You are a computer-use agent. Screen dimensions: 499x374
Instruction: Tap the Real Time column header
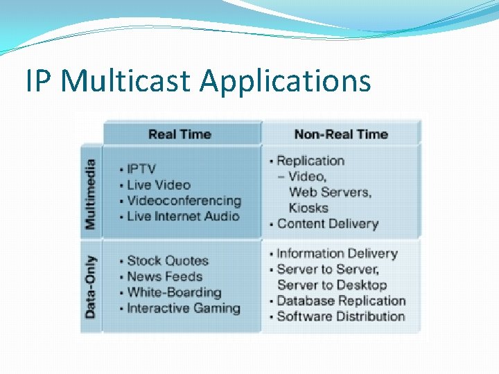pyautogui.click(x=180, y=134)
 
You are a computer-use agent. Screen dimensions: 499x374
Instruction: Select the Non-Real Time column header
pyautogui.click(x=341, y=134)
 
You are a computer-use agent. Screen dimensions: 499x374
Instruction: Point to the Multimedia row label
pyautogui.click(x=90, y=195)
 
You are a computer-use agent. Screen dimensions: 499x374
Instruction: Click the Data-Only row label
pyautogui.click(x=90, y=287)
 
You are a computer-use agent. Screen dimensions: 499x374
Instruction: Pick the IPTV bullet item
pyautogui.click(x=141, y=169)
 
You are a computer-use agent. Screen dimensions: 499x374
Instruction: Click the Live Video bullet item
pyautogui.click(x=159, y=185)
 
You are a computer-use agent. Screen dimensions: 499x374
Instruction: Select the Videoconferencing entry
pyautogui.click(x=184, y=201)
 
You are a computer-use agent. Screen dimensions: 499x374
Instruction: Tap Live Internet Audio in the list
pyautogui.click(x=183, y=216)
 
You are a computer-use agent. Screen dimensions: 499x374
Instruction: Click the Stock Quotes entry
pyautogui.click(x=168, y=261)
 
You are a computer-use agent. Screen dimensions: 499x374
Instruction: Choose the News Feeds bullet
pyautogui.click(x=165, y=276)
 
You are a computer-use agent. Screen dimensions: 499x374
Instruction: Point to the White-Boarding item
pyautogui.click(x=175, y=292)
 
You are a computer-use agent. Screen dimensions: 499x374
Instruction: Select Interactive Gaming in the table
pyautogui.click(x=184, y=308)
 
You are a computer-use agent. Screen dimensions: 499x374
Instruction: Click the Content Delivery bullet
pyautogui.click(x=328, y=224)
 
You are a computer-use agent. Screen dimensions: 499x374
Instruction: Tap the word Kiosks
pyautogui.click(x=308, y=208)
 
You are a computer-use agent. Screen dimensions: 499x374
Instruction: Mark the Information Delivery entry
pyautogui.click(x=338, y=253)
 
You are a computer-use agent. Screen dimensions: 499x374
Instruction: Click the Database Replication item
pyautogui.click(x=341, y=301)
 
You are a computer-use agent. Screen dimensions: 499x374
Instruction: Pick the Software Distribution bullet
pyautogui.click(x=341, y=317)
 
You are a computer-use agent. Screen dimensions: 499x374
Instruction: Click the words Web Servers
pyautogui.click(x=330, y=192)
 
